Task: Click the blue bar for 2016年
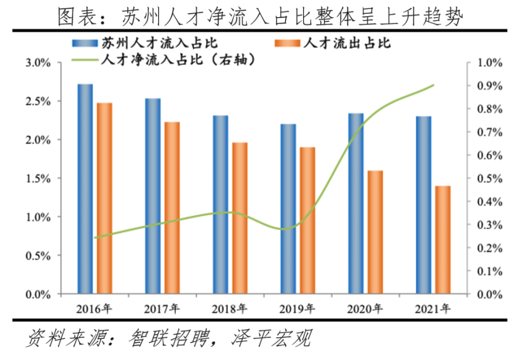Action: pyautogui.click(x=85, y=189)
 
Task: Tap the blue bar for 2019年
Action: pyautogui.click(x=288, y=209)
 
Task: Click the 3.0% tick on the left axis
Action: pyautogui.click(x=38, y=63)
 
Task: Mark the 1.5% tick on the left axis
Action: pyautogui.click(x=38, y=179)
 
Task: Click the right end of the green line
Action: pyautogui.click(x=434, y=85)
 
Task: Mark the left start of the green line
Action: pyautogui.click(x=95, y=238)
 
